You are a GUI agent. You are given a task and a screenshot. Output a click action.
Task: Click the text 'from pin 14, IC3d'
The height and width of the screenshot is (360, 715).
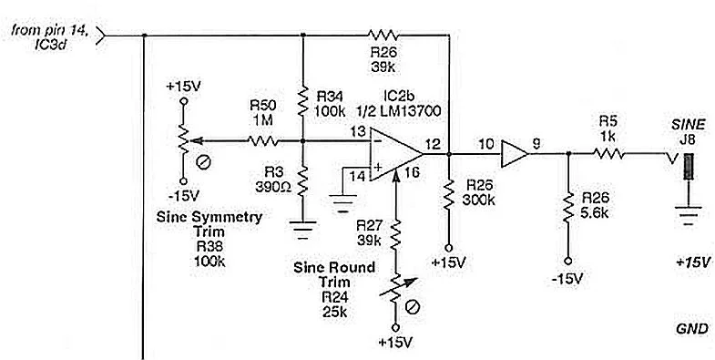[x=50, y=36]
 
